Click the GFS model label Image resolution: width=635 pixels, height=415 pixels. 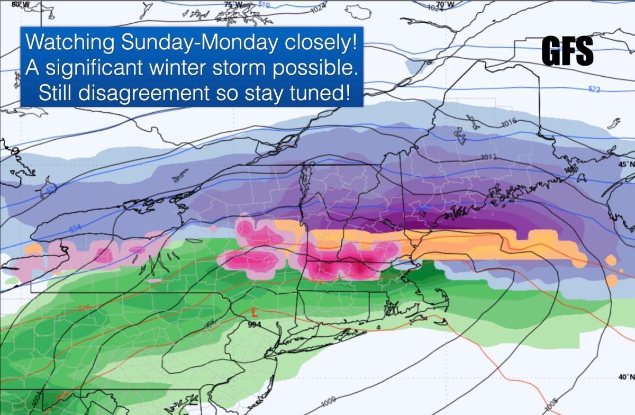coord(567,52)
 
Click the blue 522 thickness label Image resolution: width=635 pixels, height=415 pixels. coord(593,89)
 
